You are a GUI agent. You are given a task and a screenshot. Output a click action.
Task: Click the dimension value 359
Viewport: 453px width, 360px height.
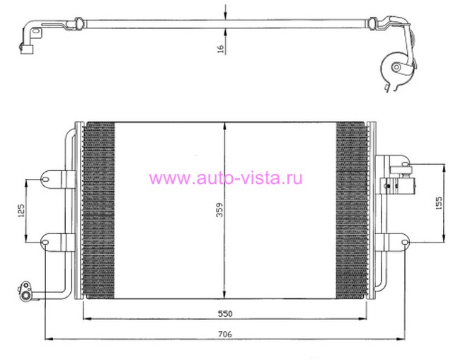click(x=220, y=210)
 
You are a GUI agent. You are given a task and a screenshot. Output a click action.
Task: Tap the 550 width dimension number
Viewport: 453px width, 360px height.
click(x=225, y=313)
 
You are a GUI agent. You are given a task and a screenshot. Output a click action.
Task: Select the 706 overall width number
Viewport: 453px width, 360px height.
click(x=225, y=335)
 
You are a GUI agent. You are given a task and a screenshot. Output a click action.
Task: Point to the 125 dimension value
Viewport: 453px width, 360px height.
click(x=21, y=211)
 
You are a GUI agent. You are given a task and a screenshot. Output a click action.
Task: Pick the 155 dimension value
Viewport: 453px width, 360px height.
click(x=439, y=203)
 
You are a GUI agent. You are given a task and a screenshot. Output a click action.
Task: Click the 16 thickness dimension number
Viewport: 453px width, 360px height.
click(x=220, y=49)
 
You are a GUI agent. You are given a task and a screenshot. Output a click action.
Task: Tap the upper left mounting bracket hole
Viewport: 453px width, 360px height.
click(x=45, y=180)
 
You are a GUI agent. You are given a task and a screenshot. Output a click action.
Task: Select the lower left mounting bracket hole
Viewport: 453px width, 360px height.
click(x=45, y=242)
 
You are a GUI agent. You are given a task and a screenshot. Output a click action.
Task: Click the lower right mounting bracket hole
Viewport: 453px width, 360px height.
click(x=405, y=242)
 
